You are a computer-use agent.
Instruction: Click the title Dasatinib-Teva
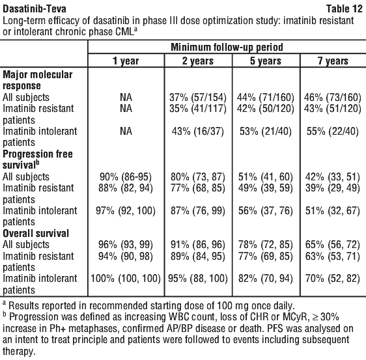[35, 9]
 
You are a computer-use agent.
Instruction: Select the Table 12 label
[345, 9]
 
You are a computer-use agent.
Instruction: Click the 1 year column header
[126, 61]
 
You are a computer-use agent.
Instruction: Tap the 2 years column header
[198, 61]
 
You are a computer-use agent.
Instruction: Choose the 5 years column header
[266, 61]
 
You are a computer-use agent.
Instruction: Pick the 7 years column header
[333, 61]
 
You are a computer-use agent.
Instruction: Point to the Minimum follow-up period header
[227, 47]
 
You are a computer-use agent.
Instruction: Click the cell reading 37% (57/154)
[198, 97]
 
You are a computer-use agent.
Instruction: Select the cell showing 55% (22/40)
[333, 132]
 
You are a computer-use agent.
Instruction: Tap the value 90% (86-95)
[126, 177]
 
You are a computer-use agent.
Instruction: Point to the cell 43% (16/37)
[198, 132]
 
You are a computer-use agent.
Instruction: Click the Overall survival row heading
[36, 233]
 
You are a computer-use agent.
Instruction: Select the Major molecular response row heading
[37, 80]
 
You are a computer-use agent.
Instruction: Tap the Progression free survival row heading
[38, 159]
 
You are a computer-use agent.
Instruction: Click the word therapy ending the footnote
[19, 352]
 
